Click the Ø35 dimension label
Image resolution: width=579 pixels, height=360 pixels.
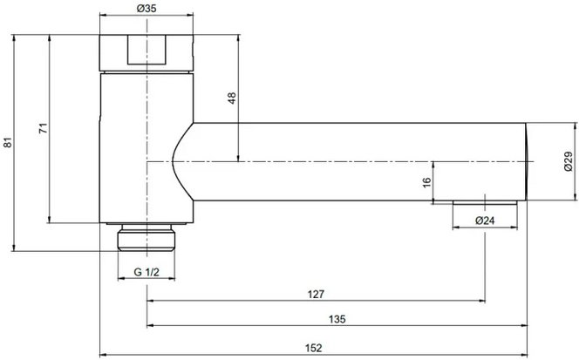(146, 8)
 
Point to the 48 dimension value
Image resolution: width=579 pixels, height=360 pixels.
(232, 98)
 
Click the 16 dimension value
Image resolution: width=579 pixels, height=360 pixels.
(426, 181)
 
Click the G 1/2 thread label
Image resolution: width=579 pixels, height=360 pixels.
(146, 273)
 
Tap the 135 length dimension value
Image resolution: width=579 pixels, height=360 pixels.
(338, 320)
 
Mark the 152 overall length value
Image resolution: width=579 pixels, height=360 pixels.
(315, 347)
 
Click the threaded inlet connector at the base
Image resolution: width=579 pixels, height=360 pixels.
(146, 238)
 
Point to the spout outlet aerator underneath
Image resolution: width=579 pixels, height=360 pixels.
(486, 203)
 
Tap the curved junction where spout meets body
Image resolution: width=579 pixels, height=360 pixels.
(181, 162)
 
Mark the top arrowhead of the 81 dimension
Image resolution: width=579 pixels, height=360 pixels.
(17, 37)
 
